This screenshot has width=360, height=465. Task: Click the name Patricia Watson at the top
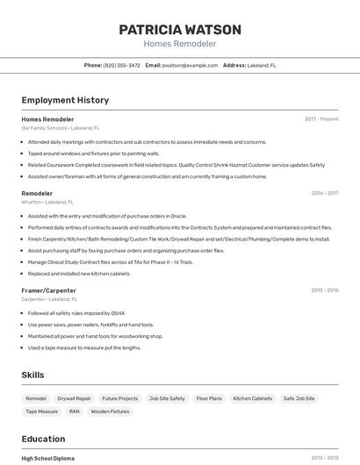(x=180, y=29)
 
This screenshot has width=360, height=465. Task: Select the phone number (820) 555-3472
(x=121, y=65)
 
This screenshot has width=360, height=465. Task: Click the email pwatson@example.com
(x=191, y=65)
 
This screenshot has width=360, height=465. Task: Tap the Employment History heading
(x=65, y=100)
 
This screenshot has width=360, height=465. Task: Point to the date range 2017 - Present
(x=321, y=118)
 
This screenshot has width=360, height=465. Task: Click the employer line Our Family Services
(x=44, y=127)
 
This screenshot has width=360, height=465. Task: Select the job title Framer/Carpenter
(x=48, y=290)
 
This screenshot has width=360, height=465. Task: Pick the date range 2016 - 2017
(x=324, y=193)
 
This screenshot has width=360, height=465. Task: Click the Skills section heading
(x=32, y=375)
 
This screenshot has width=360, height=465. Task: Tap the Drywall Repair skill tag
(x=74, y=398)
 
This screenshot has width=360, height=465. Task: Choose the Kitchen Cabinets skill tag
(x=252, y=398)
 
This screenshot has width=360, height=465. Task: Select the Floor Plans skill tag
(x=209, y=398)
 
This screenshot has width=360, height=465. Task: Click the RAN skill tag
(x=74, y=411)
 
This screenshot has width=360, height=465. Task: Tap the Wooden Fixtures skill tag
(x=110, y=411)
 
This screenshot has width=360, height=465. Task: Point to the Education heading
(x=43, y=439)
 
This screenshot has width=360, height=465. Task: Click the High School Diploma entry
(x=47, y=458)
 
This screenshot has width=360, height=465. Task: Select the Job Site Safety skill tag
(x=167, y=398)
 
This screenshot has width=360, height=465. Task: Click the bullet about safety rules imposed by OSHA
(x=76, y=313)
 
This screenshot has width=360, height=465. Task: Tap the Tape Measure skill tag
(x=41, y=411)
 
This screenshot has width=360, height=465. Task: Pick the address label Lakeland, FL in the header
(x=262, y=65)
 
